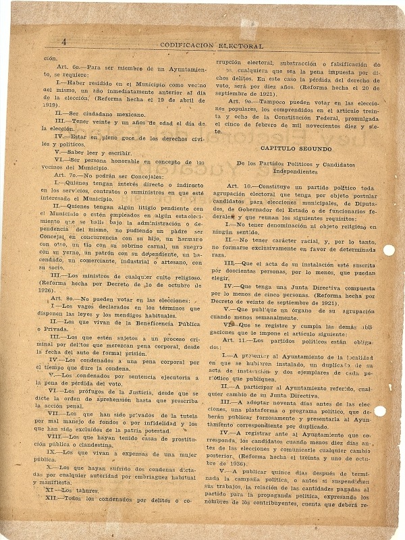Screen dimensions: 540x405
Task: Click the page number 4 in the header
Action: pos(63,41)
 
